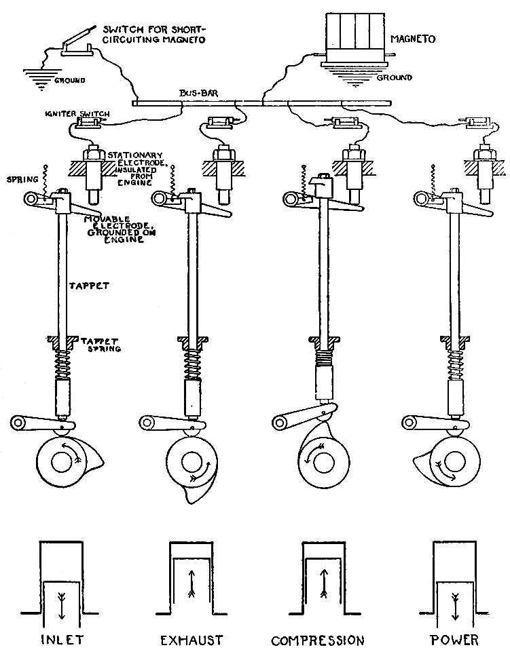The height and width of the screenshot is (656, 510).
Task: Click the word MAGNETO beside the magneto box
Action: tap(412, 39)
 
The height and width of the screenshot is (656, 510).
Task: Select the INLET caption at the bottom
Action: tap(61, 639)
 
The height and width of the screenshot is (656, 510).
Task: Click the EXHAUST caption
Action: tap(192, 639)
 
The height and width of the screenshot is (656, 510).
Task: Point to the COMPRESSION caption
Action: tap(318, 640)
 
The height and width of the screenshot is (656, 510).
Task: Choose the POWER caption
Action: tap(454, 639)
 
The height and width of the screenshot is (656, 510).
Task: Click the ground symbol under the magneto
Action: tap(353, 75)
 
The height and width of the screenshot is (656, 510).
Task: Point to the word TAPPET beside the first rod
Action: tap(90, 286)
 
